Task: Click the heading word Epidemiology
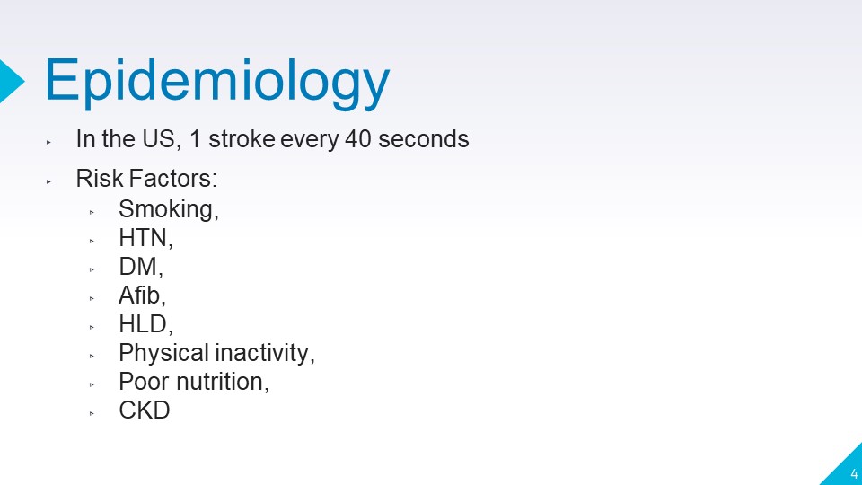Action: [217, 82]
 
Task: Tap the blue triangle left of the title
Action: [11, 81]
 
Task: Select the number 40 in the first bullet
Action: [358, 138]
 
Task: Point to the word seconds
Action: [423, 138]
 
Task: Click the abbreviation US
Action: [160, 139]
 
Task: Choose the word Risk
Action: [100, 178]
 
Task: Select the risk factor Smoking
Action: [168, 210]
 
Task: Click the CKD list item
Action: [145, 410]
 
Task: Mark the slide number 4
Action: [854, 473]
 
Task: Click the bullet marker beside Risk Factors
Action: [48, 181]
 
